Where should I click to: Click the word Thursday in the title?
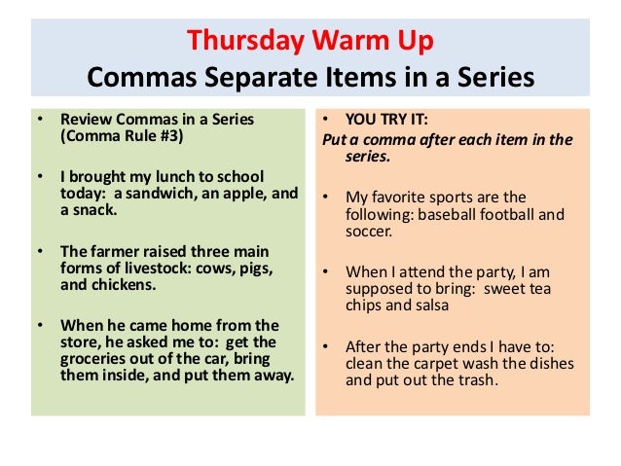coord(234,42)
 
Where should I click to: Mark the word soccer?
coord(370,233)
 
